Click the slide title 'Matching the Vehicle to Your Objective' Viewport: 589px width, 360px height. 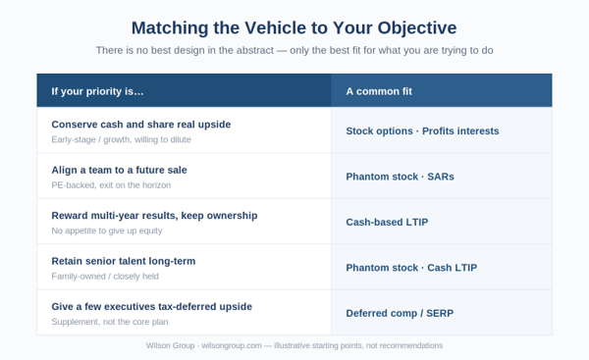pos(294,28)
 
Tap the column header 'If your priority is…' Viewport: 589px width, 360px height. pos(97,91)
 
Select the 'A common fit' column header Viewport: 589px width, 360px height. pos(379,91)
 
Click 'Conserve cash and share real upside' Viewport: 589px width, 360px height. pos(140,125)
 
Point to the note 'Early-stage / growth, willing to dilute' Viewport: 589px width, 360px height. pos(121,139)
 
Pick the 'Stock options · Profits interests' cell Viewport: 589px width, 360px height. pos(422,131)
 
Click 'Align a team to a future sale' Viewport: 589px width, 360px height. pos(119,170)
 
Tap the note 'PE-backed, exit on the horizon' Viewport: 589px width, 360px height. pos(111,185)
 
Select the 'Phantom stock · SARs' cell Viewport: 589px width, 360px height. pos(400,177)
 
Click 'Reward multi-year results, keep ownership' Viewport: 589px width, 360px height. pos(154,216)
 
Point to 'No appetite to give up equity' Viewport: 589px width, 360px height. pos(107,231)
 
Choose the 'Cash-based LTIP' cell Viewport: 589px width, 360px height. pos(387,223)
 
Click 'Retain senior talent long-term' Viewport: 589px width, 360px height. pos(124,261)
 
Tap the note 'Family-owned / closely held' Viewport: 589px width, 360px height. pos(105,277)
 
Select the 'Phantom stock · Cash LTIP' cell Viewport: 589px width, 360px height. pos(411,268)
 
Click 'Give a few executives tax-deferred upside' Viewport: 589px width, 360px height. pos(151,307)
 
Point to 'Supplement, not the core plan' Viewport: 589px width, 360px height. pos(110,322)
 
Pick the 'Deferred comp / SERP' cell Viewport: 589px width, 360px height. pos(400,313)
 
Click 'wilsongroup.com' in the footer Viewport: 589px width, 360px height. pos(232,345)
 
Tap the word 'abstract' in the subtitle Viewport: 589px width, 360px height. pos(254,50)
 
